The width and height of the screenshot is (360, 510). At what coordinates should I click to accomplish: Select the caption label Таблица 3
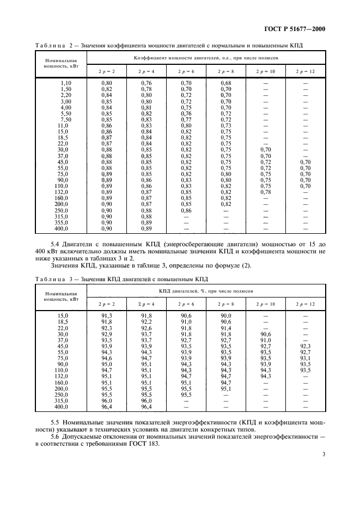click(53, 278)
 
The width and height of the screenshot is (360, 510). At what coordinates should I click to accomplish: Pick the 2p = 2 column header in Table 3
click(106, 304)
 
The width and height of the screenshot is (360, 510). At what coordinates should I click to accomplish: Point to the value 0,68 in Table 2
click(225, 83)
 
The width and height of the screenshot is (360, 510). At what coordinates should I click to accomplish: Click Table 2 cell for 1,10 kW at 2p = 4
click(146, 83)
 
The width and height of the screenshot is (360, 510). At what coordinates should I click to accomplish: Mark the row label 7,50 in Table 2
click(66, 119)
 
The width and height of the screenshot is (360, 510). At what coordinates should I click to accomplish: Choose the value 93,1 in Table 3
click(306, 358)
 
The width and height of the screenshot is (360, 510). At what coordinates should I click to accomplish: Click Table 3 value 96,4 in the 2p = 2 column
click(106, 406)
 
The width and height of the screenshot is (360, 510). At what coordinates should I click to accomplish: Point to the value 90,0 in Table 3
click(225, 315)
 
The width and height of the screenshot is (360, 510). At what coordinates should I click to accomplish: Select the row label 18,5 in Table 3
click(66, 321)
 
